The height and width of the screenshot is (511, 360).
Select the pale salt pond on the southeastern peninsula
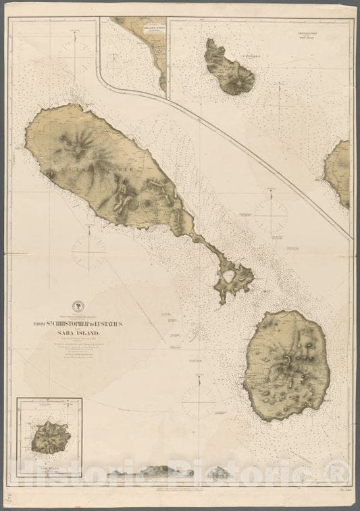[x=230, y=276]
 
